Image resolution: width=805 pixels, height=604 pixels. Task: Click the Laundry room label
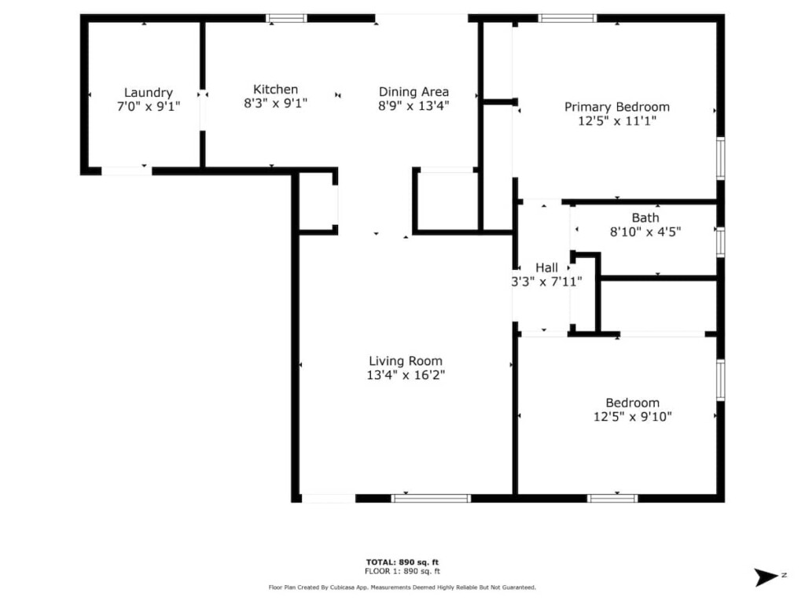149,93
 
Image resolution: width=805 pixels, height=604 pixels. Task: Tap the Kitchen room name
276,90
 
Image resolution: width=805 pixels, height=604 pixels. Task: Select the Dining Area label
414,92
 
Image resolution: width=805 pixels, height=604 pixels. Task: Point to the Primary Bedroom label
617,107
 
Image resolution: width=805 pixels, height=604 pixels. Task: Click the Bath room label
645,218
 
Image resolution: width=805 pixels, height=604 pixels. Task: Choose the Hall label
547,267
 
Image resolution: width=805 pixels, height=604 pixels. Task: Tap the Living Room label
406,361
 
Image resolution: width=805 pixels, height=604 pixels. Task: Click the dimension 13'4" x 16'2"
406,375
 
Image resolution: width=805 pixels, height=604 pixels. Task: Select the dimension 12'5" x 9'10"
633,417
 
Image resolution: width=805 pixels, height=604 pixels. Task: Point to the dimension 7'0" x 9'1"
149,106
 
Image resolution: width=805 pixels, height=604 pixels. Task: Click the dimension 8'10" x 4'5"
645,232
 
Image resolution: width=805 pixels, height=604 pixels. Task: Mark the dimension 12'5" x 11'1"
617,121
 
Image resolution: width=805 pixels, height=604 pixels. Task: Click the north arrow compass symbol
767,576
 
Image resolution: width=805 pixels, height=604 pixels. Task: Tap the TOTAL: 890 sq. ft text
402,562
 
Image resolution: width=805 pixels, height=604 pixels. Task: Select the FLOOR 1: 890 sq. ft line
402,571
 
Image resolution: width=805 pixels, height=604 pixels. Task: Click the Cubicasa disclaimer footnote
402,587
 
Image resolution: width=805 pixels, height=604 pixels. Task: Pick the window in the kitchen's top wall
286,19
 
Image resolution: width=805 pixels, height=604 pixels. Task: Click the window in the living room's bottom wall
431,498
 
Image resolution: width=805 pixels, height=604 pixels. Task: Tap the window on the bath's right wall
721,242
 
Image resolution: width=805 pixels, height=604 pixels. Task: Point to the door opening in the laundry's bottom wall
127,171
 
